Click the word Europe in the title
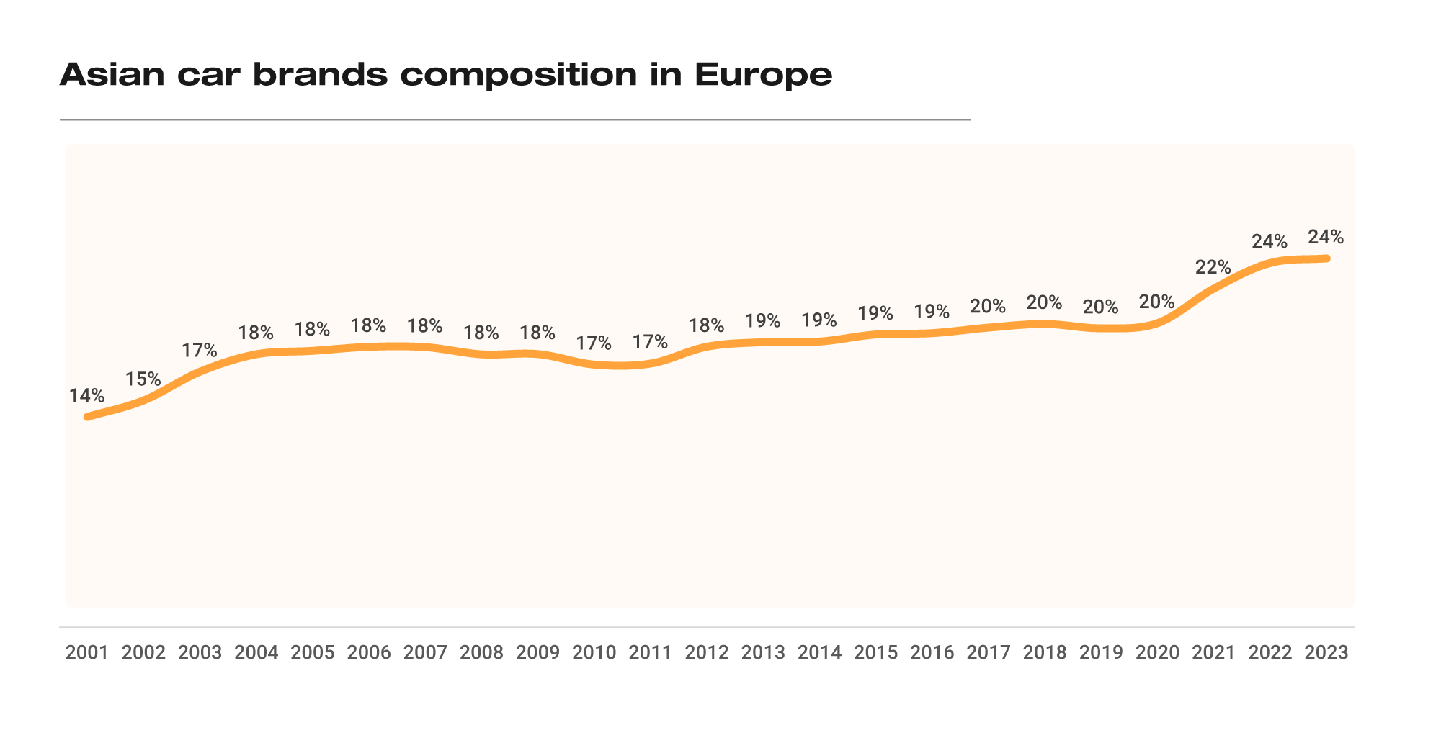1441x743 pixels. pyautogui.click(x=764, y=75)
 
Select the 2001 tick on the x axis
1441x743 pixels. pyautogui.click(x=86, y=653)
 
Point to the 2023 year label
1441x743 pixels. pyautogui.click(x=1326, y=653)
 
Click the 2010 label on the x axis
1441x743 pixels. pyautogui.click(x=594, y=653)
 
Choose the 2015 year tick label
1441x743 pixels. pyautogui.click(x=876, y=653)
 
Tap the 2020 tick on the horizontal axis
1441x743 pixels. pyautogui.click(x=1158, y=653)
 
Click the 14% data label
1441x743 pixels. pyautogui.click(x=87, y=396)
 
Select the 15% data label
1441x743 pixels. pyautogui.click(x=143, y=379)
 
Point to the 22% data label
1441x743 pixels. pyautogui.click(x=1213, y=267)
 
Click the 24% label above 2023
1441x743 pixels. pyautogui.click(x=1326, y=237)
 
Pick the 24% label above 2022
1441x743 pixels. pyautogui.click(x=1270, y=241)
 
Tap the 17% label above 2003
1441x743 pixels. pyautogui.click(x=200, y=351)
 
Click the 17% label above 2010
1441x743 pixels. pyautogui.click(x=594, y=343)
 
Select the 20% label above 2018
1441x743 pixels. pyautogui.click(x=1044, y=302)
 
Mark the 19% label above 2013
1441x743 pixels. pyautogui.click(x=763, y=320)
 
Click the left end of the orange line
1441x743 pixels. pyautogui.click(x=87, y=417)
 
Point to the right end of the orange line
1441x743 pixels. pyautogui.click(x=1326, y=258)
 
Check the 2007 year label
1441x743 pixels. pyautogui.click(x=425, y=653)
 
